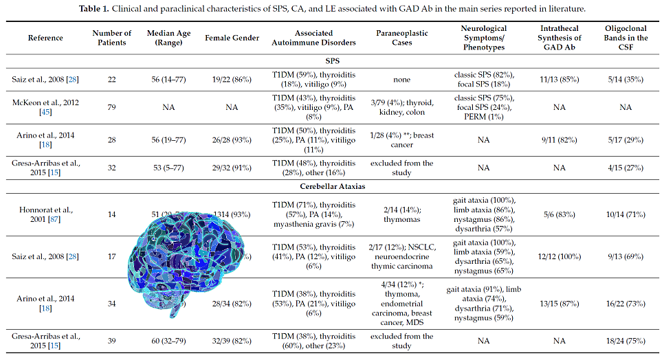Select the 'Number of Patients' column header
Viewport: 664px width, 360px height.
(x=111, y=38)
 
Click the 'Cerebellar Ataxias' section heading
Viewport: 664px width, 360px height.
(x=332, y=185)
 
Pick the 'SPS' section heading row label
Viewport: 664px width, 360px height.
(x=332, y=60)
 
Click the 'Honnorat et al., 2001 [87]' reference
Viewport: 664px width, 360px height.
(x=45, y=214)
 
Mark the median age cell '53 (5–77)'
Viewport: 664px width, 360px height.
(x=164, y=168)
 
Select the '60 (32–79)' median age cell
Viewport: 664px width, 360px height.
(x=164, y=340)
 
